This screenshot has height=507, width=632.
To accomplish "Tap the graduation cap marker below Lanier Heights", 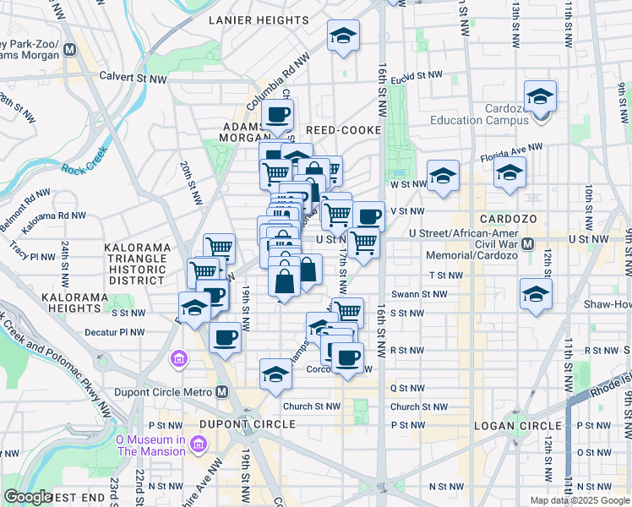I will (344, 36).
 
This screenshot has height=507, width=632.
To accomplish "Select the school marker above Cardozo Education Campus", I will (540, 98).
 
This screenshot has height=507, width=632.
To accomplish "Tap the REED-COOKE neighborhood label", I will (344, 130).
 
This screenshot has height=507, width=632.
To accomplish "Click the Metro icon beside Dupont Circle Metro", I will (222, 391).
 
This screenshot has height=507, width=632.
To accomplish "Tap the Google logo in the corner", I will (28, 497).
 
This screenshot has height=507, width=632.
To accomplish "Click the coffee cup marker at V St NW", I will (368, 216).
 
